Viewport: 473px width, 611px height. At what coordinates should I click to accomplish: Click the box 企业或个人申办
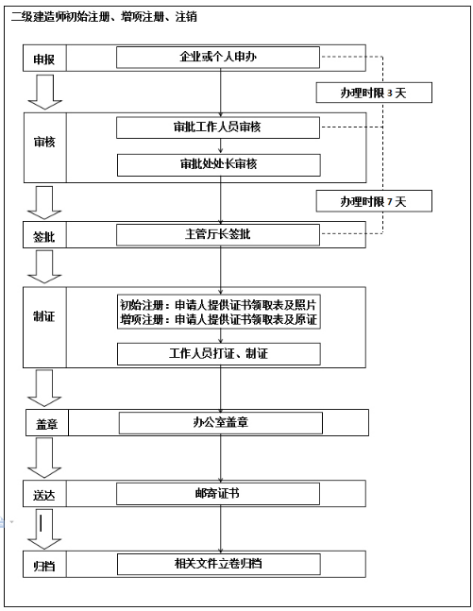218,58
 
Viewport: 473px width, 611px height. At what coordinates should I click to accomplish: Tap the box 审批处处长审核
218,164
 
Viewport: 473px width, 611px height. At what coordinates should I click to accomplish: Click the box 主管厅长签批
218,233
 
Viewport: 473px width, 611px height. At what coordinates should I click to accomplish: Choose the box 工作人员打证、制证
218,354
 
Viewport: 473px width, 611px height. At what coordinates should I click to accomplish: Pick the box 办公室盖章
220,423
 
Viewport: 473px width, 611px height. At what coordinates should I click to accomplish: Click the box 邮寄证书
218,493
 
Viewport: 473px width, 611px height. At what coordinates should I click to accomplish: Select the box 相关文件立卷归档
218,564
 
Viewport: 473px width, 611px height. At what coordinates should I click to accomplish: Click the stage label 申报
44,59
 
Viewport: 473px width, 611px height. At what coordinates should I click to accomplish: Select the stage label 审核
44,142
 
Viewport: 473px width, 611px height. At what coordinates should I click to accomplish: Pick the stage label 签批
44,234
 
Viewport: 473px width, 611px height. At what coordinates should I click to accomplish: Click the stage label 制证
44,316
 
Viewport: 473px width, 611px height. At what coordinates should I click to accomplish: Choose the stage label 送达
44,494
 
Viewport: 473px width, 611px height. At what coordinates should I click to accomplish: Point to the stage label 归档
44,565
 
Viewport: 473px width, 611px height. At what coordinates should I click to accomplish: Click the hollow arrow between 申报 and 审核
45,92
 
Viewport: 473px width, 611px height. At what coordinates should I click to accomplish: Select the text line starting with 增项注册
218,320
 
